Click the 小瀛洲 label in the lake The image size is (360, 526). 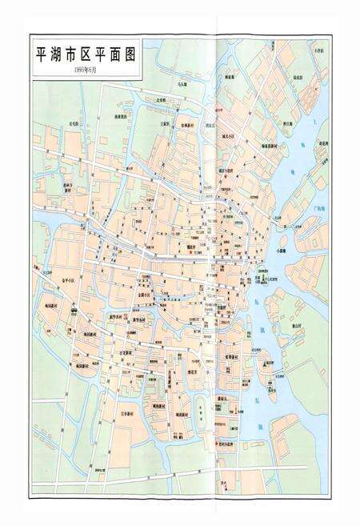click(x=281, y=251)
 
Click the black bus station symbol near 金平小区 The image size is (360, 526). click(x=73, y=309)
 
